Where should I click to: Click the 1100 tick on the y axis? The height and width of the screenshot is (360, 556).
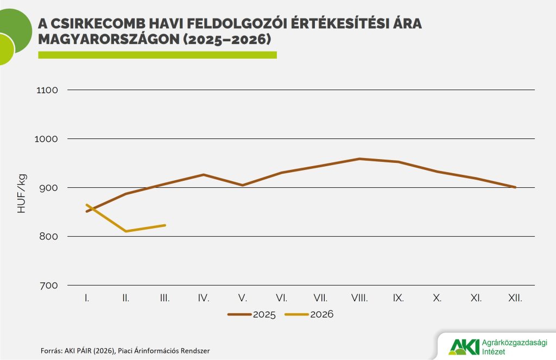tap(47, 90)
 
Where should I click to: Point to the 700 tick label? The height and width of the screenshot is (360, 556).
tap(48, 286)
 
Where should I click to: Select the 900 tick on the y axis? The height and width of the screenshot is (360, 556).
tap(48, 188)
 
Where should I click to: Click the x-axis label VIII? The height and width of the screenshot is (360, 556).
tap(359, 298)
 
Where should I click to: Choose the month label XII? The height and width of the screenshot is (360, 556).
tap(515, 298)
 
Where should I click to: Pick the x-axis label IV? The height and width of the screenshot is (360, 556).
tap(204, 298)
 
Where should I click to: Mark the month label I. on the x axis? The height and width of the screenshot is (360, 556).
tap(87, 298)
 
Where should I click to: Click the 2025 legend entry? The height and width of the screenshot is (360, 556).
tap(252, 314)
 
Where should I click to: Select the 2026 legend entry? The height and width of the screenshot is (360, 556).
tap(309, 314)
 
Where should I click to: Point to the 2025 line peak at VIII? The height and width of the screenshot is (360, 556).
tap(359, 159)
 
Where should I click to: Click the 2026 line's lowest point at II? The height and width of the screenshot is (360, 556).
tap(126, 231)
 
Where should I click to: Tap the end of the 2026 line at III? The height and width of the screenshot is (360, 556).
tap(165, 225)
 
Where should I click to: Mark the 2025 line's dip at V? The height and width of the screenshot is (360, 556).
tap(243, 185)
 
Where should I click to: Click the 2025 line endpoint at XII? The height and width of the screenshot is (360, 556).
tap(515, 187)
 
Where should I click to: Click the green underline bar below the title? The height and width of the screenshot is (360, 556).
tap(157, 55)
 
